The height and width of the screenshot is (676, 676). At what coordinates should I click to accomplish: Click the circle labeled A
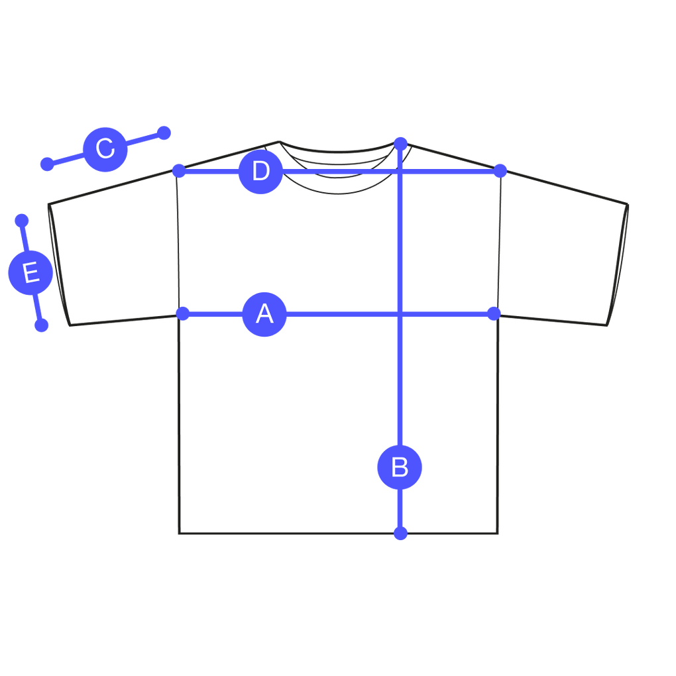pos(264,313)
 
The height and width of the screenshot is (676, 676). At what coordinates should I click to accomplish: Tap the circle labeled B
pos(400,467)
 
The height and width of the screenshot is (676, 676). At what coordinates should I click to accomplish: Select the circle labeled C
pos(105,148)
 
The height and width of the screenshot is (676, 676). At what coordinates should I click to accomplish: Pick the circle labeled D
pos(261,171)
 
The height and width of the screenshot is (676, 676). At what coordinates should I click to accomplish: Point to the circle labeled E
pos(30,273)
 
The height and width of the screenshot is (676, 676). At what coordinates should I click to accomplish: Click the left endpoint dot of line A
pos(184,313)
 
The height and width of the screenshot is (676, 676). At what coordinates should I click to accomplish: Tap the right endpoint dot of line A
pos(492,313)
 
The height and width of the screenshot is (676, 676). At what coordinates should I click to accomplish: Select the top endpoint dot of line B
pos(400,142)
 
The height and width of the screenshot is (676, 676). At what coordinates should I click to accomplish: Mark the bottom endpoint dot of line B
pos(400,533)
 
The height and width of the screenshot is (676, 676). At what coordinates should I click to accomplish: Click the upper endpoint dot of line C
pos(164,133)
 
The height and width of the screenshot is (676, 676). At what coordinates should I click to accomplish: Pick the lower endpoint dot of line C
pos(47,164)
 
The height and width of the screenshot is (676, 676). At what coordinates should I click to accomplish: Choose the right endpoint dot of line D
pos(500,171)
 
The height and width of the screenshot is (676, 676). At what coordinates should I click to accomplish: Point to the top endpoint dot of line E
pos(21,219)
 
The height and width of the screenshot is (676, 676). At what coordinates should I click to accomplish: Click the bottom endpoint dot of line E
pos(41,325)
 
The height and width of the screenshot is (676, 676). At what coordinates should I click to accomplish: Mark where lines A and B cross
pos(400,313)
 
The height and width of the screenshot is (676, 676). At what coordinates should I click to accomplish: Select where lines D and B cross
pos(400,171)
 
